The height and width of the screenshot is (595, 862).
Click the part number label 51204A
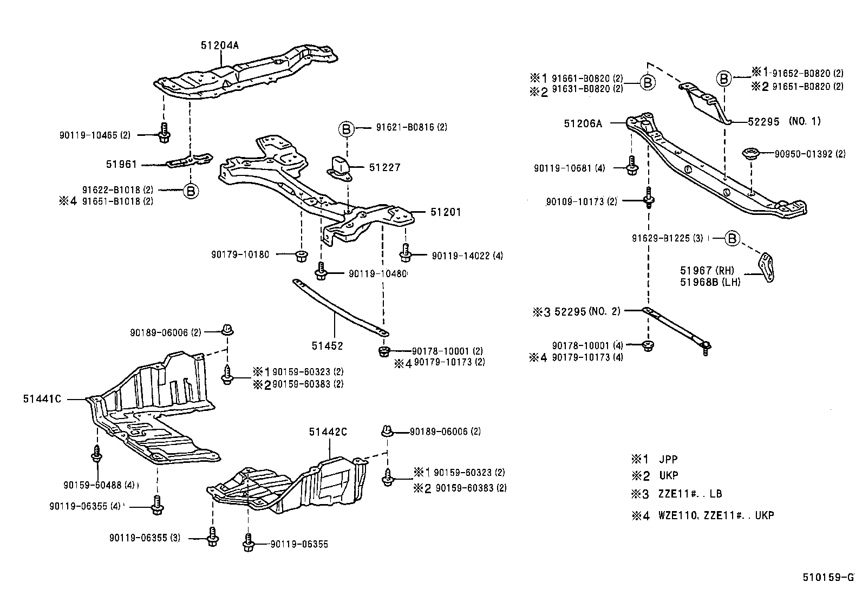tap(219, 45)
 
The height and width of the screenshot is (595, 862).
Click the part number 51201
tap(446, 212)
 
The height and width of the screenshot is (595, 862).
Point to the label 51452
tap(327, 345)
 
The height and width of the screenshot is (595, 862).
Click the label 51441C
tap(42, 399)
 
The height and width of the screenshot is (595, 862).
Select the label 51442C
tap(328, 431)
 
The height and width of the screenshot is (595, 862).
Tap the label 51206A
tap(583, 123)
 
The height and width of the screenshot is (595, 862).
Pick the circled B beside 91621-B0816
tap(347, 128)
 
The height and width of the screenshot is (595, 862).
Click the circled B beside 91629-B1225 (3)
tap(732, 238)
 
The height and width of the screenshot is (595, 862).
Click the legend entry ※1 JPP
tap(655, 459)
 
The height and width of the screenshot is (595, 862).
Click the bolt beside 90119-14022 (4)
tap(407, 252)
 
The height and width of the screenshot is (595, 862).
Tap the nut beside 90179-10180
tap(301, 255)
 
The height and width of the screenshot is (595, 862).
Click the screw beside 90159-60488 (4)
tap(96, 454)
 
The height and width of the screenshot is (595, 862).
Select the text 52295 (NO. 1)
tap(784, 122)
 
